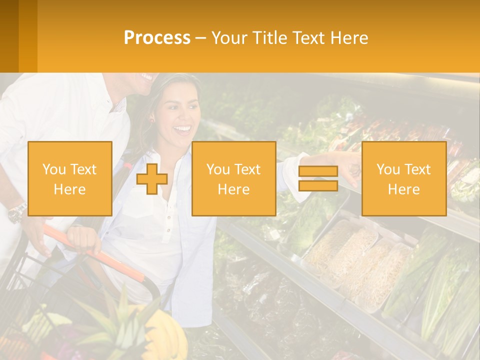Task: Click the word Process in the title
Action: click(x=157, y=38)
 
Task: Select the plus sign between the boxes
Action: click(x=152, y=179)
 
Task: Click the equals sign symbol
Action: click(x=318, y=178)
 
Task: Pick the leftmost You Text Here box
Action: click(x=70, y=178)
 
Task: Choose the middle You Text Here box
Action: click(x=233, y=178)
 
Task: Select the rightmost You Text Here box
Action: click(x=403, y=178)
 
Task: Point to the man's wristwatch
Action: click(x=17, y=212)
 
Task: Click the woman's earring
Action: click(x=151, y=120)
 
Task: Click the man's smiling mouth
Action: click(x=147, y=77)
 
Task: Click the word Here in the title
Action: click(x=350, y=38)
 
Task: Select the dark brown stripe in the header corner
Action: click(x=9, y=36)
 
